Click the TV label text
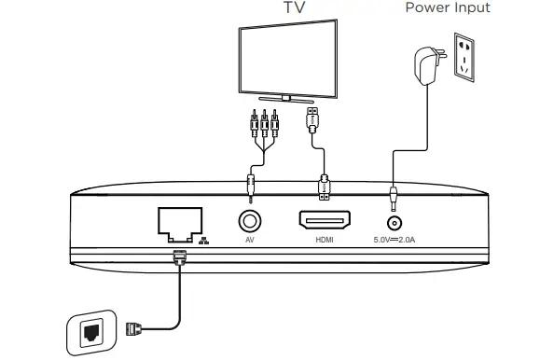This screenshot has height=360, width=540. [295, 8]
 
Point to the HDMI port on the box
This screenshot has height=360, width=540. [324, 221]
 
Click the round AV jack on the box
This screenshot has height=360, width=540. [250, 221]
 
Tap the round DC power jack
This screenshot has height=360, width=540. [395, 222]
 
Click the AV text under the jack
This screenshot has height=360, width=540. [250, 242]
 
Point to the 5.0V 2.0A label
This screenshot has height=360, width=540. [395, 242]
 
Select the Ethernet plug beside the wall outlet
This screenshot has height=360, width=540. [133, 327]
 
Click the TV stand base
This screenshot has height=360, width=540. [292, 96]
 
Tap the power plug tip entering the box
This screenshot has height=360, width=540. [395, 197]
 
